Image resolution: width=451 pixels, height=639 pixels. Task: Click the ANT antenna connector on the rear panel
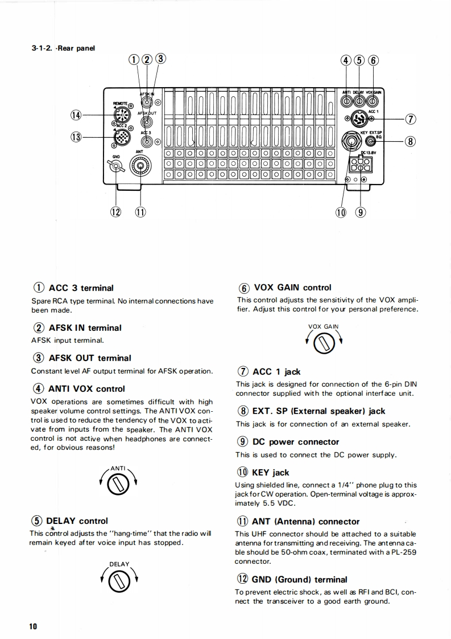click(x=139, y=165)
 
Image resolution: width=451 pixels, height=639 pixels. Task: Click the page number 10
click(x=34, y=626)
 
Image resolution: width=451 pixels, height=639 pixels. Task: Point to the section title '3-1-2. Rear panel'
click(x=63, y=48)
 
